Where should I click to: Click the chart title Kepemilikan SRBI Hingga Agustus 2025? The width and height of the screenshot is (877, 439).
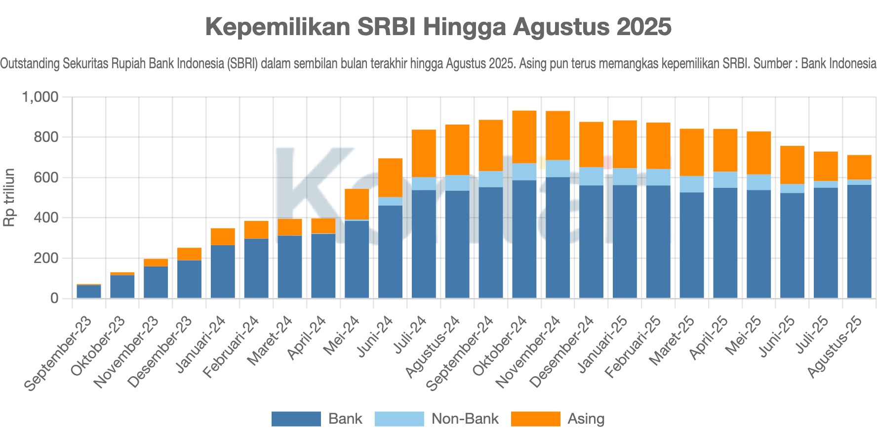(x=438, y=27)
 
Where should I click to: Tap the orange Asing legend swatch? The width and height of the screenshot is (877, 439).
(x=535, y=419)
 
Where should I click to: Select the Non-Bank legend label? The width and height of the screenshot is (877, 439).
(x=465, y=419)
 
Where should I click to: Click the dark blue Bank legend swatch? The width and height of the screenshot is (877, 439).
(x=296, y=419)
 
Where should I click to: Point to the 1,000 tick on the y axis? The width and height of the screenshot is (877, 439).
(x=40, y=97)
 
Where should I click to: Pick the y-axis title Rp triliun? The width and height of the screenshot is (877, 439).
(x=9, y=197)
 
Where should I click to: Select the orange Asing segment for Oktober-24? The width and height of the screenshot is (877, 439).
(x=524, y=137)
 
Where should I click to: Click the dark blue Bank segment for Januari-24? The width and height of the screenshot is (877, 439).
(x=223, y=271)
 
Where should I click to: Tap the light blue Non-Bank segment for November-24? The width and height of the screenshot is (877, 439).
(x=558, y=169)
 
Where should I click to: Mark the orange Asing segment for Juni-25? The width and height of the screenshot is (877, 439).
(x=792, y=165)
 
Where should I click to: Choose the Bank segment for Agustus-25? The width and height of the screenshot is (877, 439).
(x=859, y=241)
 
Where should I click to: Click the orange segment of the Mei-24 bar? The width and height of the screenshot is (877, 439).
(x=357, y=204)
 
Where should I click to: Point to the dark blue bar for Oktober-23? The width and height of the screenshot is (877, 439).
(x=122, y=286)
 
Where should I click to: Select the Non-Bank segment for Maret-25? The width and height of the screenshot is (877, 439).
(x=692, y=184)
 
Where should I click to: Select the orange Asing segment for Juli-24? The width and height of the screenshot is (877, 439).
(x=424, y=153)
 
